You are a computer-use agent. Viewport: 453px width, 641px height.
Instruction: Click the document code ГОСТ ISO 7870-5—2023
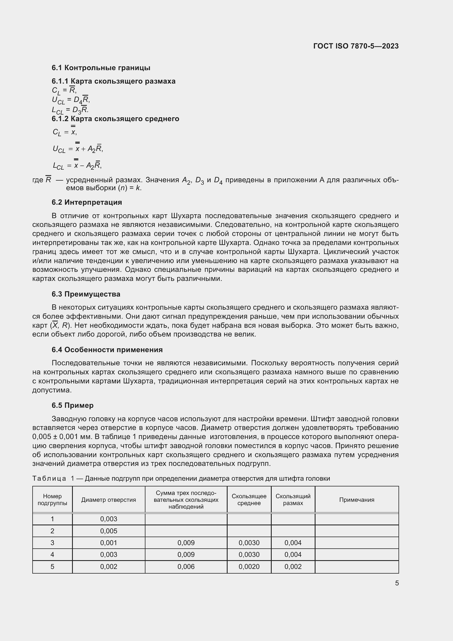[x=356, y=46]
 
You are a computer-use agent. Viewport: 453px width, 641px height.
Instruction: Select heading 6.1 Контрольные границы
[x=101, y=68]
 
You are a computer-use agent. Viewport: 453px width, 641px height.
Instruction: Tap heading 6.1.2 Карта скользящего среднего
[x=115, y=119]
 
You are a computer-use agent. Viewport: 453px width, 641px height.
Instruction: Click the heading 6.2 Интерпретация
[x=87, y=203]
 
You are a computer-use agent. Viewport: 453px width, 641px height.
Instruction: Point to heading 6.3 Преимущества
[x=86, y=294]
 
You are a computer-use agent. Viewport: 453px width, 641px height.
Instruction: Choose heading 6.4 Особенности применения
[x=107, y=350]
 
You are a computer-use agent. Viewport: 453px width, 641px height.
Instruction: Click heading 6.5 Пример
[x=73, y=405]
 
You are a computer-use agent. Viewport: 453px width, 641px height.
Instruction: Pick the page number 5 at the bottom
[x=397, y=583]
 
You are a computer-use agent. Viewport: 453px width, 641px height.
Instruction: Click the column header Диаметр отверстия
[x=108, y=500]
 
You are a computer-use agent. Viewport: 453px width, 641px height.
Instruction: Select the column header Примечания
[x=357, y=500]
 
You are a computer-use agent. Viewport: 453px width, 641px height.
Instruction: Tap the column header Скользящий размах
[x=293, y=500]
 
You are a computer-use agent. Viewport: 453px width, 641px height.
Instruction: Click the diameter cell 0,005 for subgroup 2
[x=108, y=531]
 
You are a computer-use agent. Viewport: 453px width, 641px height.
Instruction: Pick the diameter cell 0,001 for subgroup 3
[x=108, y=543]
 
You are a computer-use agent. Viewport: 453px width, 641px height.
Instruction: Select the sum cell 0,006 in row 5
[x=186, y=567]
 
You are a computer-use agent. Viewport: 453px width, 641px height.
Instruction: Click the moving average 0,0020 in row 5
[x=249, y=567]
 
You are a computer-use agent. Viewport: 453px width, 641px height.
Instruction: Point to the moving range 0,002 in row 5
[x=293, y=567]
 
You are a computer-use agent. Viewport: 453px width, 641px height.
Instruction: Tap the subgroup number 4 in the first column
[x=52, y=554]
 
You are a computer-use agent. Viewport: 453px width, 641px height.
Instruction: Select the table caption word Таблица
[x=49, y=478]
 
